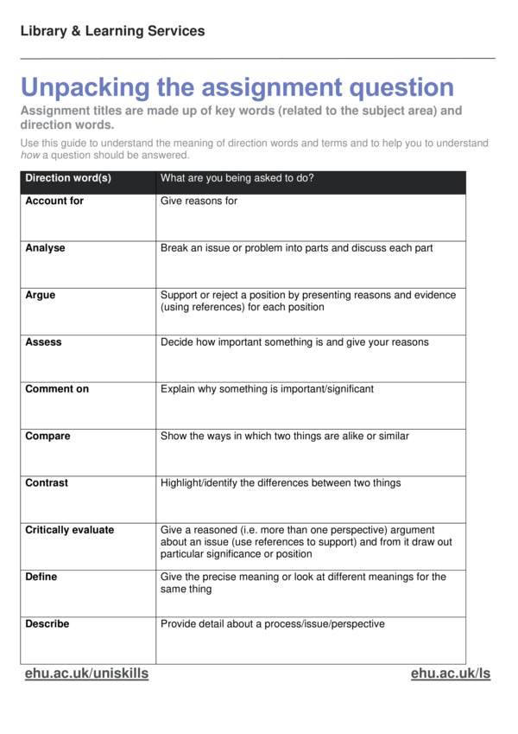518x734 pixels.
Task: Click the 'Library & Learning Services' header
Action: (x=112, y=31)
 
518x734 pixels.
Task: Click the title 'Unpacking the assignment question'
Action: (x=237, y=87)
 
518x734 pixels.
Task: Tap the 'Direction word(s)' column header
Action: (x=68, y=179)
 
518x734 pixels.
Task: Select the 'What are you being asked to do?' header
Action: (x=237, y=179)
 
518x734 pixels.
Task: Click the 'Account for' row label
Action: (x=54, y=201)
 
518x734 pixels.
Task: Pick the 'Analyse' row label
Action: (x=45, y=248)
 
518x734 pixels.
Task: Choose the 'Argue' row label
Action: (x=40, y=295)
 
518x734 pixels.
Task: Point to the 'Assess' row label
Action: (x=43, y=342)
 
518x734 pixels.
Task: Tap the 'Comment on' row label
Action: (x=57, y=389)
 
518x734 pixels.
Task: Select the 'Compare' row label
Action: (x=47, y=437)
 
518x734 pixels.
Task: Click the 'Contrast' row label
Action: (x=47, y=483)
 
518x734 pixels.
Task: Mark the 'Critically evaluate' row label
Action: (x=69, y=530)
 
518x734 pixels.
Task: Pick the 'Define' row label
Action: (x=42, y=577)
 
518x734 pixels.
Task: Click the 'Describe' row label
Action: (x=47, y=624)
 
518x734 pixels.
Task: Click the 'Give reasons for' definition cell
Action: (x=199, y=201)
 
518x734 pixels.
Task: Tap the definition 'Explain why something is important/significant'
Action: (x=267, y=389)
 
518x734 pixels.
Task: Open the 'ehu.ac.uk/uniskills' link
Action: (x=86, y=673)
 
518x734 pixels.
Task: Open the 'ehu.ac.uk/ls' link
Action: (x=450, y=673)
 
